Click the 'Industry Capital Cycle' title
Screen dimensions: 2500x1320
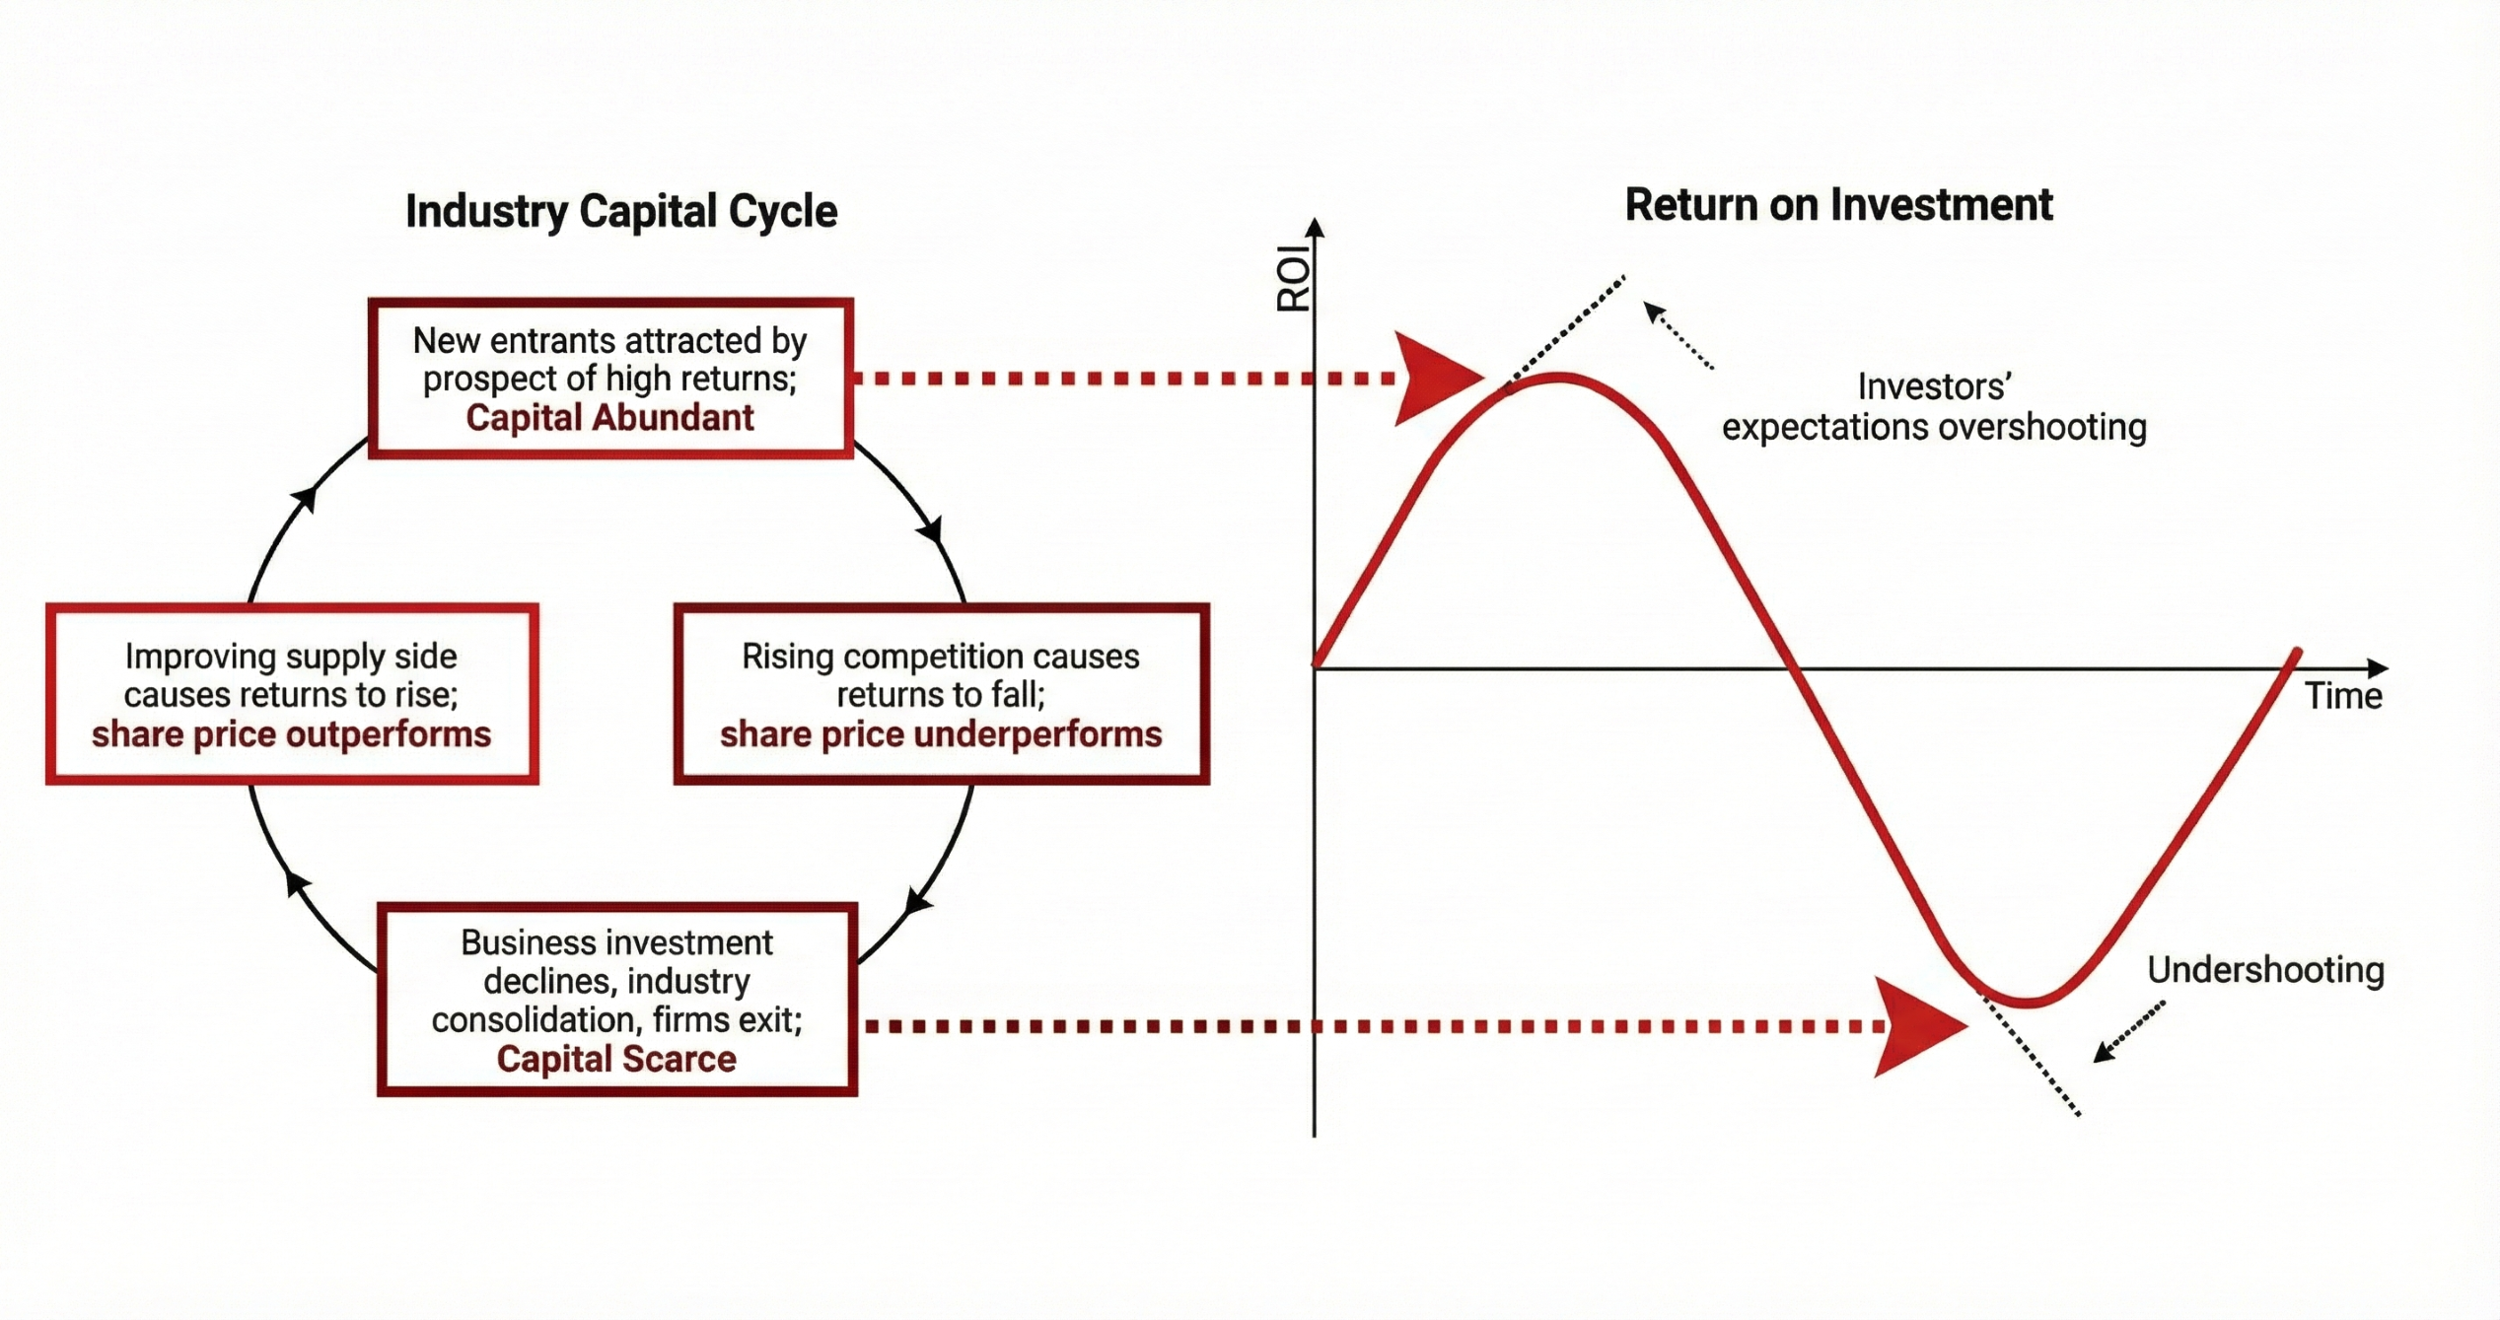click(x=621, y=211)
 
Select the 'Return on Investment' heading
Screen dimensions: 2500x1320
click(x=1838, y=205)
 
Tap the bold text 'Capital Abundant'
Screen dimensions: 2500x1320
click(x=609, y=418)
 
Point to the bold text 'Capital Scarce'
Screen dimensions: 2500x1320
click(x=616, y=1059)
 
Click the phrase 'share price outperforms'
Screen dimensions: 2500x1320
click(x=291, y=734)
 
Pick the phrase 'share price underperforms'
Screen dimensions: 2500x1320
click(x=941, y=734)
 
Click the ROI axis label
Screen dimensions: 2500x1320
click(x=1293, y=279)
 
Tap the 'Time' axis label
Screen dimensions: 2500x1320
click(x=2343, y=696)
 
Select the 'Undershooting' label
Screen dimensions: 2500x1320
click(x=2265, y=970)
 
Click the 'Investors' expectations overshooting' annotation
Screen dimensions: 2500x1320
click(x=1934, y=407)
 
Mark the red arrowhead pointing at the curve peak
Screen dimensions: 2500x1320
click(x=1435, y=379)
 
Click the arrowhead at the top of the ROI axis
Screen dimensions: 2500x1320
click(x=1315, y=228)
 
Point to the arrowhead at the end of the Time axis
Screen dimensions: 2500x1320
click(x=2378, y=668)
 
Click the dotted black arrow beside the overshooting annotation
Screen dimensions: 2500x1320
click(x=1678, y=335)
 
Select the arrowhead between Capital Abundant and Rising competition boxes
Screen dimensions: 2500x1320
click(x=931, y=530)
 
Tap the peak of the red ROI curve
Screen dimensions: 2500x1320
click(x=1558, y=377)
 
